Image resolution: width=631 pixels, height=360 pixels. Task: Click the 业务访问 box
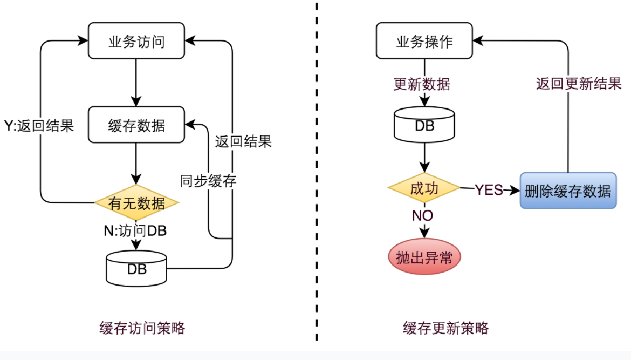click(136, 40)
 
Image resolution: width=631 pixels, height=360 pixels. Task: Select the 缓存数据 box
click(136, 125)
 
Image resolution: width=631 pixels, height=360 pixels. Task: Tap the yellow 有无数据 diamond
click(136, 203)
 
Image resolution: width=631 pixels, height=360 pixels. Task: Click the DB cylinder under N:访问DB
click(136, 269)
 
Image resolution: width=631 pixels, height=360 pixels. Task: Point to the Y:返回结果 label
click(39, 126)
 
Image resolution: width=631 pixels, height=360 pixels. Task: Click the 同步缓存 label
click(208, 181)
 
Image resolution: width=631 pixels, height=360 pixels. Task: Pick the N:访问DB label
click(135, 231)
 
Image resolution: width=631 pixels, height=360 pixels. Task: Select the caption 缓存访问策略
click(142, 328)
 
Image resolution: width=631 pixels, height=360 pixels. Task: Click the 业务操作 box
click(424, 40)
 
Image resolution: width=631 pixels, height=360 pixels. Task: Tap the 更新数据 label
click(422, 84)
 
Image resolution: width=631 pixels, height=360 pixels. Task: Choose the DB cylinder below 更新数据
click(424, 125)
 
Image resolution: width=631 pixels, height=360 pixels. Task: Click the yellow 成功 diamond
click(424, 188)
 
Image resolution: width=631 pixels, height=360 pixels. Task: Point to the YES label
click(489, 189)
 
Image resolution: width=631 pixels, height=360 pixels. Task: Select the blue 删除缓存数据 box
click(568, 191)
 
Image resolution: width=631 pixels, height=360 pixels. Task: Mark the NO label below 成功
click(422, 216)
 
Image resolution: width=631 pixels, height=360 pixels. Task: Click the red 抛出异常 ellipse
click(424, 257)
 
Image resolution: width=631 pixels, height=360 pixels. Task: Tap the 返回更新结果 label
click(579, 84)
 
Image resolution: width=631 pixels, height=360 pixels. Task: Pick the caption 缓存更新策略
click(446, 328)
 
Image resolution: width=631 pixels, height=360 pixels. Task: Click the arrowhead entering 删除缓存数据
click(515, 190)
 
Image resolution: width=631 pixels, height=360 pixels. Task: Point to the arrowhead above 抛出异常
click(424, 233)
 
